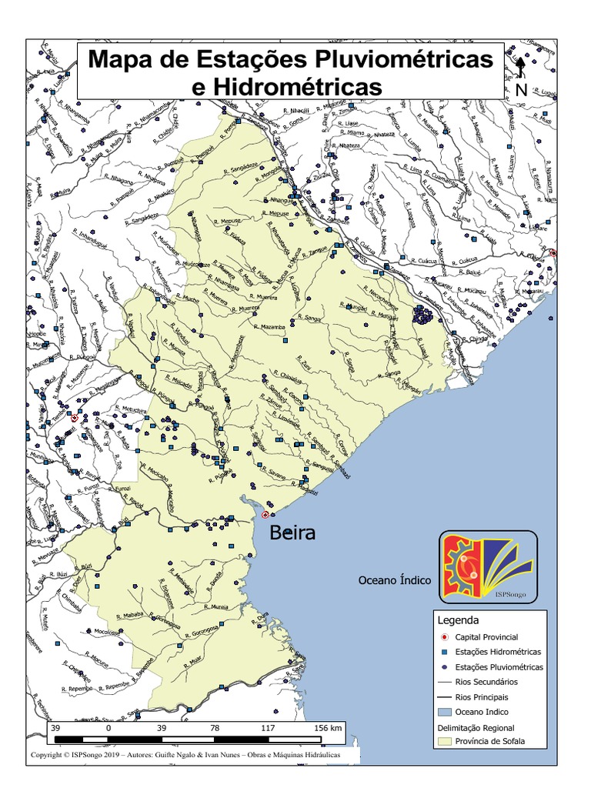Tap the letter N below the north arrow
(x=521, y=89)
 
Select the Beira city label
(x=292, y=533)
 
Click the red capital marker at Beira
(x=265, y=514)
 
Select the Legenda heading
(x=458, y=620)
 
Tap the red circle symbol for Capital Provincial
(x=444, y=637)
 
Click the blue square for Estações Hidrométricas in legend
(x=444, y=652)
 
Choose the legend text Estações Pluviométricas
(x=499, y=667)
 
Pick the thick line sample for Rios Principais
(x=444, y=697)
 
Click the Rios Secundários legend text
(x=486, y=682)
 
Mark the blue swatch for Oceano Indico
(x=444, y=712)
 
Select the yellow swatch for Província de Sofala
(x=444, y=742)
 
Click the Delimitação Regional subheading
(x=476, y=727)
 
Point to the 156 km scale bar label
(x=326, y=727)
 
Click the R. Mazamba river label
(x=269, y=327)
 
